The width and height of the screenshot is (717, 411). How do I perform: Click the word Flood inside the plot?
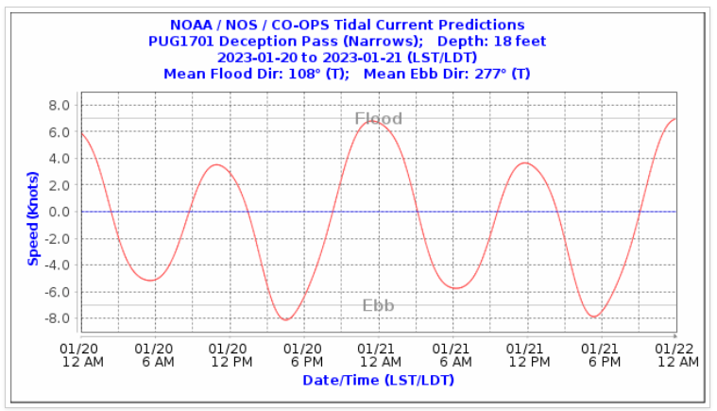point(378,119)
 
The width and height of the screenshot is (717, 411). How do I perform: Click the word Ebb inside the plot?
point(378,305)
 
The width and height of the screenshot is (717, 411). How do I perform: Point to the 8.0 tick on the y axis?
point(60,106)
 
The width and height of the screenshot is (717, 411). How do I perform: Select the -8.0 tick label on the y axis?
point(58,318)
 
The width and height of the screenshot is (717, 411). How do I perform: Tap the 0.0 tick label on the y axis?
point(60,212)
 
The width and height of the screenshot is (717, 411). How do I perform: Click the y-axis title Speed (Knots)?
point(34,213)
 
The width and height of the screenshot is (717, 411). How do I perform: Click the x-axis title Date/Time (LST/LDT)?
point(378,380)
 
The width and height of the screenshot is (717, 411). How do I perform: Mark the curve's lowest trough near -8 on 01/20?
point(285,319)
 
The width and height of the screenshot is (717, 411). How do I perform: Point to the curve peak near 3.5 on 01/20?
point(216,165)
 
